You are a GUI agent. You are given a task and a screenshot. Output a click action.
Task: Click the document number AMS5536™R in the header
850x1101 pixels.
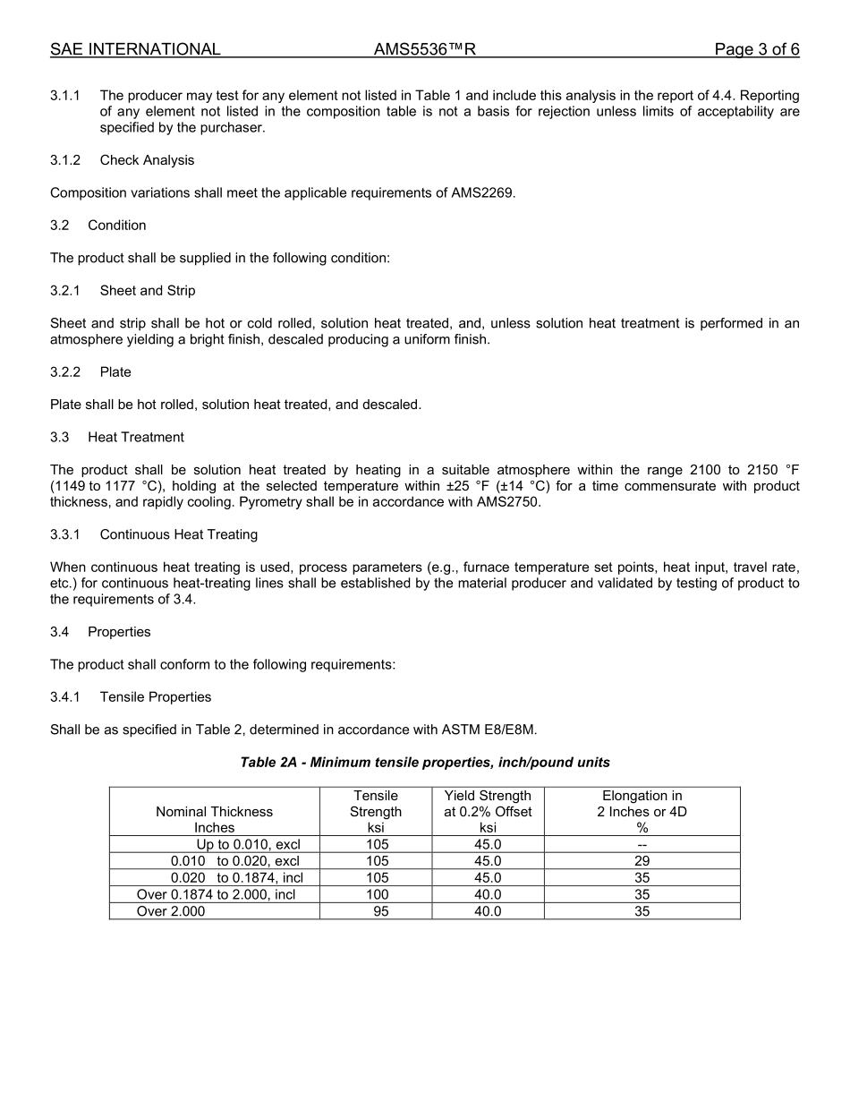point(424,49)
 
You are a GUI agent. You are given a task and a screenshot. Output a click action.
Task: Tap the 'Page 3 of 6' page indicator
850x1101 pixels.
point(756,49)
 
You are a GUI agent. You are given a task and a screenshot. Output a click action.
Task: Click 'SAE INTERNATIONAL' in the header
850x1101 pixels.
point(135,49)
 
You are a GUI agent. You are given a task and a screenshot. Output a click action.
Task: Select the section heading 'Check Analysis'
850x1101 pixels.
point(147,160)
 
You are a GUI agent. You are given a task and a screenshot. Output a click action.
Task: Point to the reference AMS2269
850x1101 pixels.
point(483,192)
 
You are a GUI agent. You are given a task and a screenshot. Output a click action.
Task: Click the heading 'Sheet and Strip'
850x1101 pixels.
point(148,291)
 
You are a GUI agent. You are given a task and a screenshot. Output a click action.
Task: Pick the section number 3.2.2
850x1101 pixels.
point(65,372)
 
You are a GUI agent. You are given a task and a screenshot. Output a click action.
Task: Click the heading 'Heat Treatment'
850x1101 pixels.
point(136,438)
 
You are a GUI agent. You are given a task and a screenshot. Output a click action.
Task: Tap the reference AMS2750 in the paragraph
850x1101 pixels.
point(509,502)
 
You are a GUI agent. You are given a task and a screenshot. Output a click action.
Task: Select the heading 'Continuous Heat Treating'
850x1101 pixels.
point(179,535)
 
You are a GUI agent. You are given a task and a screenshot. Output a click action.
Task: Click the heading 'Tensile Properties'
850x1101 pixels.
point(156,697)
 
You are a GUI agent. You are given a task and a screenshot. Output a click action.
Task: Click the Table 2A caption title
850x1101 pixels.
point(425,763)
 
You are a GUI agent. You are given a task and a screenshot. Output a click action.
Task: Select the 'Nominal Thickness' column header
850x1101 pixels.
point(215,812)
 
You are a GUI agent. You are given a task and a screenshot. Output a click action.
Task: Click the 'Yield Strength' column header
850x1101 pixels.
point(488,796)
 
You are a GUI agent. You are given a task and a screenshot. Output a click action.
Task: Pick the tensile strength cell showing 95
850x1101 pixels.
point(380,911)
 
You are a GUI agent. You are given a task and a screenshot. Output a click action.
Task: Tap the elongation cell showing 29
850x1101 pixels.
point(642,861)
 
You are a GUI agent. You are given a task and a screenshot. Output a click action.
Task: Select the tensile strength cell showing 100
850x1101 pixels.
point(377,894)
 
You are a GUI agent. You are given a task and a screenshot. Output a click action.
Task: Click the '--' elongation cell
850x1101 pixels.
point(642,844)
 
